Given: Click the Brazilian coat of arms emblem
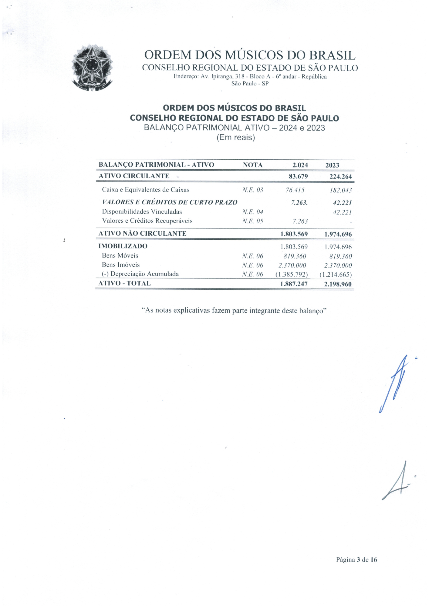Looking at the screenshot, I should point(92,67).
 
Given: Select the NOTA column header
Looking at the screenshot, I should point(252,165).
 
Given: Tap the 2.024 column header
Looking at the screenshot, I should point(300,165).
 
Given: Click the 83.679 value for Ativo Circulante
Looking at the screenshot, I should point(298,176).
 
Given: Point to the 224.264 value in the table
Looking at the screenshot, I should point(340,177).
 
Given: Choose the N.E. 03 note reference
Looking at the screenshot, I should point(252,190).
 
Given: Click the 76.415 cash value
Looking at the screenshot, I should point(295,190).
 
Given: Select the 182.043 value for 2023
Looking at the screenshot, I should point(340,191).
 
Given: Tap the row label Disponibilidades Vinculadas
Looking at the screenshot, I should point(142,212).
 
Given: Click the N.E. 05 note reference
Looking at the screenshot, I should point(252,221).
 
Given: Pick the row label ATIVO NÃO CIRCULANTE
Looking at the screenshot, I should point(142,234).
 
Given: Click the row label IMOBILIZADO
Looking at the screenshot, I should point(123,246).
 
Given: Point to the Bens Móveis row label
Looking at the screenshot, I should point(120,256).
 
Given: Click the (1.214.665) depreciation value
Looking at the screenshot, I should point(336,275).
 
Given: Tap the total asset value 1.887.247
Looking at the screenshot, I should point(294,284).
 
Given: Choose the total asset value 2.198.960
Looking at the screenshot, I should point(338,284).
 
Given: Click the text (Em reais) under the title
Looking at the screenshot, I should point(235,138).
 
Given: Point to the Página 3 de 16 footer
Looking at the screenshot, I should point(356,560).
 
